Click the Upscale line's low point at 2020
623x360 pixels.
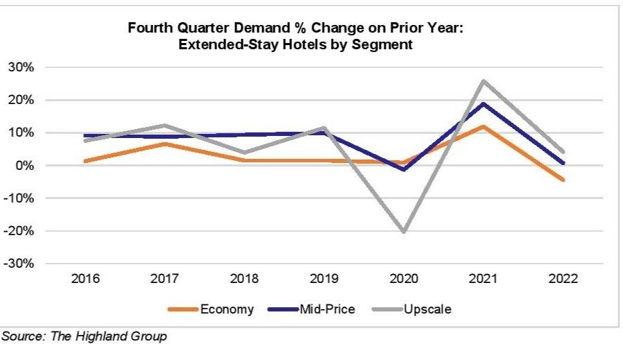click(x=404, y=231)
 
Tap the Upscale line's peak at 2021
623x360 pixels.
click(x=483, y=81)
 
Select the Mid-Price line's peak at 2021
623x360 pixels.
click(x=483, y=103)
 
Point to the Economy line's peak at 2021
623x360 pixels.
click(x=483, y=126)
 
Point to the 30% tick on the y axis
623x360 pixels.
click(x=21, y=67)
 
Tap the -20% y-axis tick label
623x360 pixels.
click(x=19, y=231)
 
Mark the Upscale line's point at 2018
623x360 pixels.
click(x=245, y=153)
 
